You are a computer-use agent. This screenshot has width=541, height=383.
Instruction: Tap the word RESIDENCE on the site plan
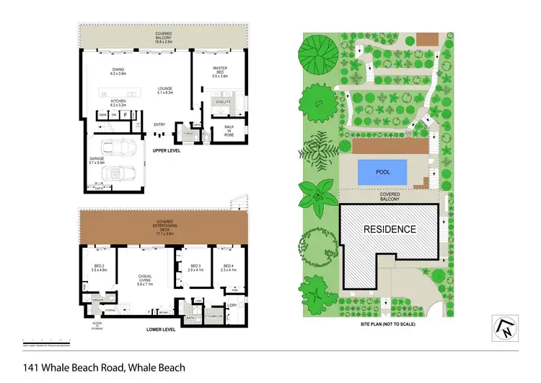pos(389,229)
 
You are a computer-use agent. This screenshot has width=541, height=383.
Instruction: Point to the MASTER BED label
pos(220,71)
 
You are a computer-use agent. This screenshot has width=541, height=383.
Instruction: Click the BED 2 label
pos(100,267)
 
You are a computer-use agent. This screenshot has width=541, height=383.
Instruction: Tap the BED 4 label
pos(228,267)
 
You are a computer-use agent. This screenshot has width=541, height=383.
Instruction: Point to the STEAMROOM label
pos(214,316)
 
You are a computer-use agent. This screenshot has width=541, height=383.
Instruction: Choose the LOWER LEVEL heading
pos(161,330)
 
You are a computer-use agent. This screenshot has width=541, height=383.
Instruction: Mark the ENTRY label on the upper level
pos(159,125)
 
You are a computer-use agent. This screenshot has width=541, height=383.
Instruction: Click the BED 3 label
pos(195,267)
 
